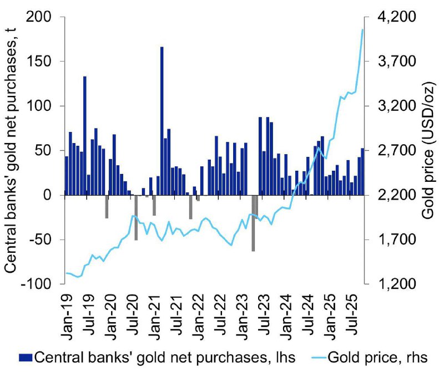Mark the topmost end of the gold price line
[x=362, y=30]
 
